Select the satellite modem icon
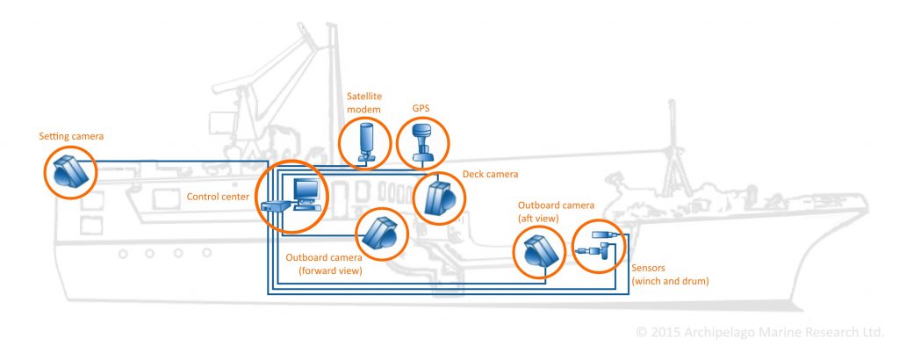(365, 141)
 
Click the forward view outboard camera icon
(382, 234)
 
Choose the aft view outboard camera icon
(537, 252)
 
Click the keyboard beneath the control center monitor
(307, 208)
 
